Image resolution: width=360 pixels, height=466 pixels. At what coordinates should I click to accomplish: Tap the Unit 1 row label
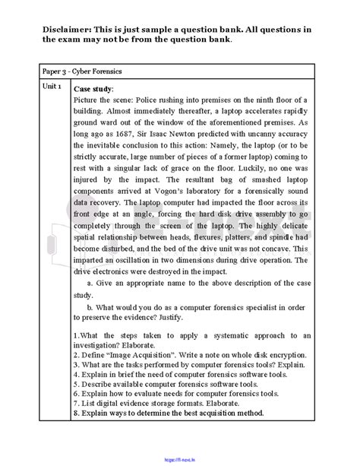coord(54,87)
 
